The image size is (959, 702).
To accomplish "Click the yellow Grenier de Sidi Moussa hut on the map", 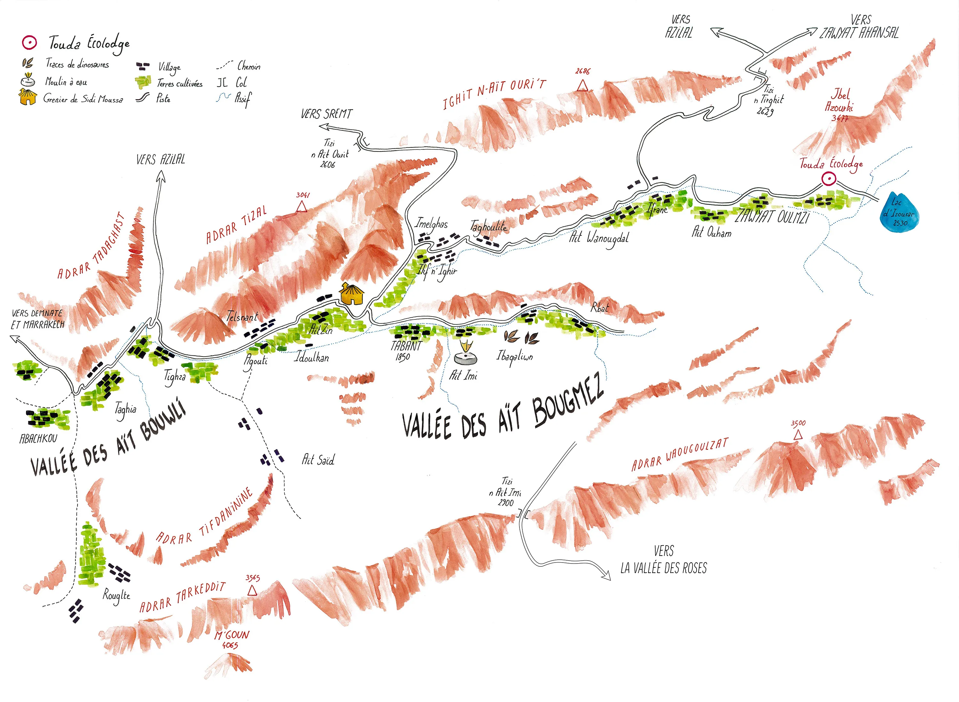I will [352, 294].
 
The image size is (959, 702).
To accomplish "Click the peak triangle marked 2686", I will [582, 86].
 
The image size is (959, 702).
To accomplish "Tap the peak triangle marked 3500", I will [798, 435].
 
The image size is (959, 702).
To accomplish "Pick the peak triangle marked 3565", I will [252, 590].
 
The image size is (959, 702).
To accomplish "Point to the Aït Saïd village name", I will [318, 459].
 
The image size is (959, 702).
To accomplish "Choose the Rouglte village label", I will [116, 595].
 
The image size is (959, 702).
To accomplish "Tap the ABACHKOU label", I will [38, 438].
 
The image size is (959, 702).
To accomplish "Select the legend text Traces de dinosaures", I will [77, 64].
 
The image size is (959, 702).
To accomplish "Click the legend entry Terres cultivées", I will [180, 83].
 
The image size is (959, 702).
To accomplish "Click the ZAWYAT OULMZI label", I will [772, 217].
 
